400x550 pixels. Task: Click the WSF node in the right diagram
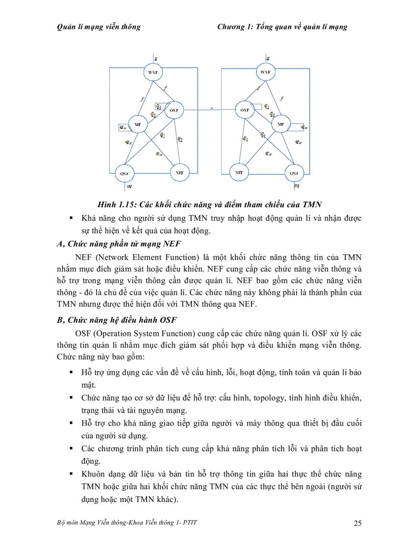pyautogui.click(x=265, y=72)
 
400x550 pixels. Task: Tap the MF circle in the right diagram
pyautogui.click(x=280, y=124)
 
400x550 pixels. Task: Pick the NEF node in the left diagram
pyautogui.click(x=179, y=172)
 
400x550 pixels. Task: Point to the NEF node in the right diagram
pyautogui.click(x=239, y=172)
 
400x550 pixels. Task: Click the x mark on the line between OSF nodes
pyautogui.click(x=212, y=108)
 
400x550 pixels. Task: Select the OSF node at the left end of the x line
pyautogui.click(x=174, y=111)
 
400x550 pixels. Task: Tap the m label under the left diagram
pyautogui.click(x=129, y=186)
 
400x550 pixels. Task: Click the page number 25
pyautogui.click(x=357, y=524)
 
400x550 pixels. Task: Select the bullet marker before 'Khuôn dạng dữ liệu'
pyautogui.click(x=72, y=474)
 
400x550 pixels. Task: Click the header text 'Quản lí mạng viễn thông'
pyautogui.click(x=99, y=27)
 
